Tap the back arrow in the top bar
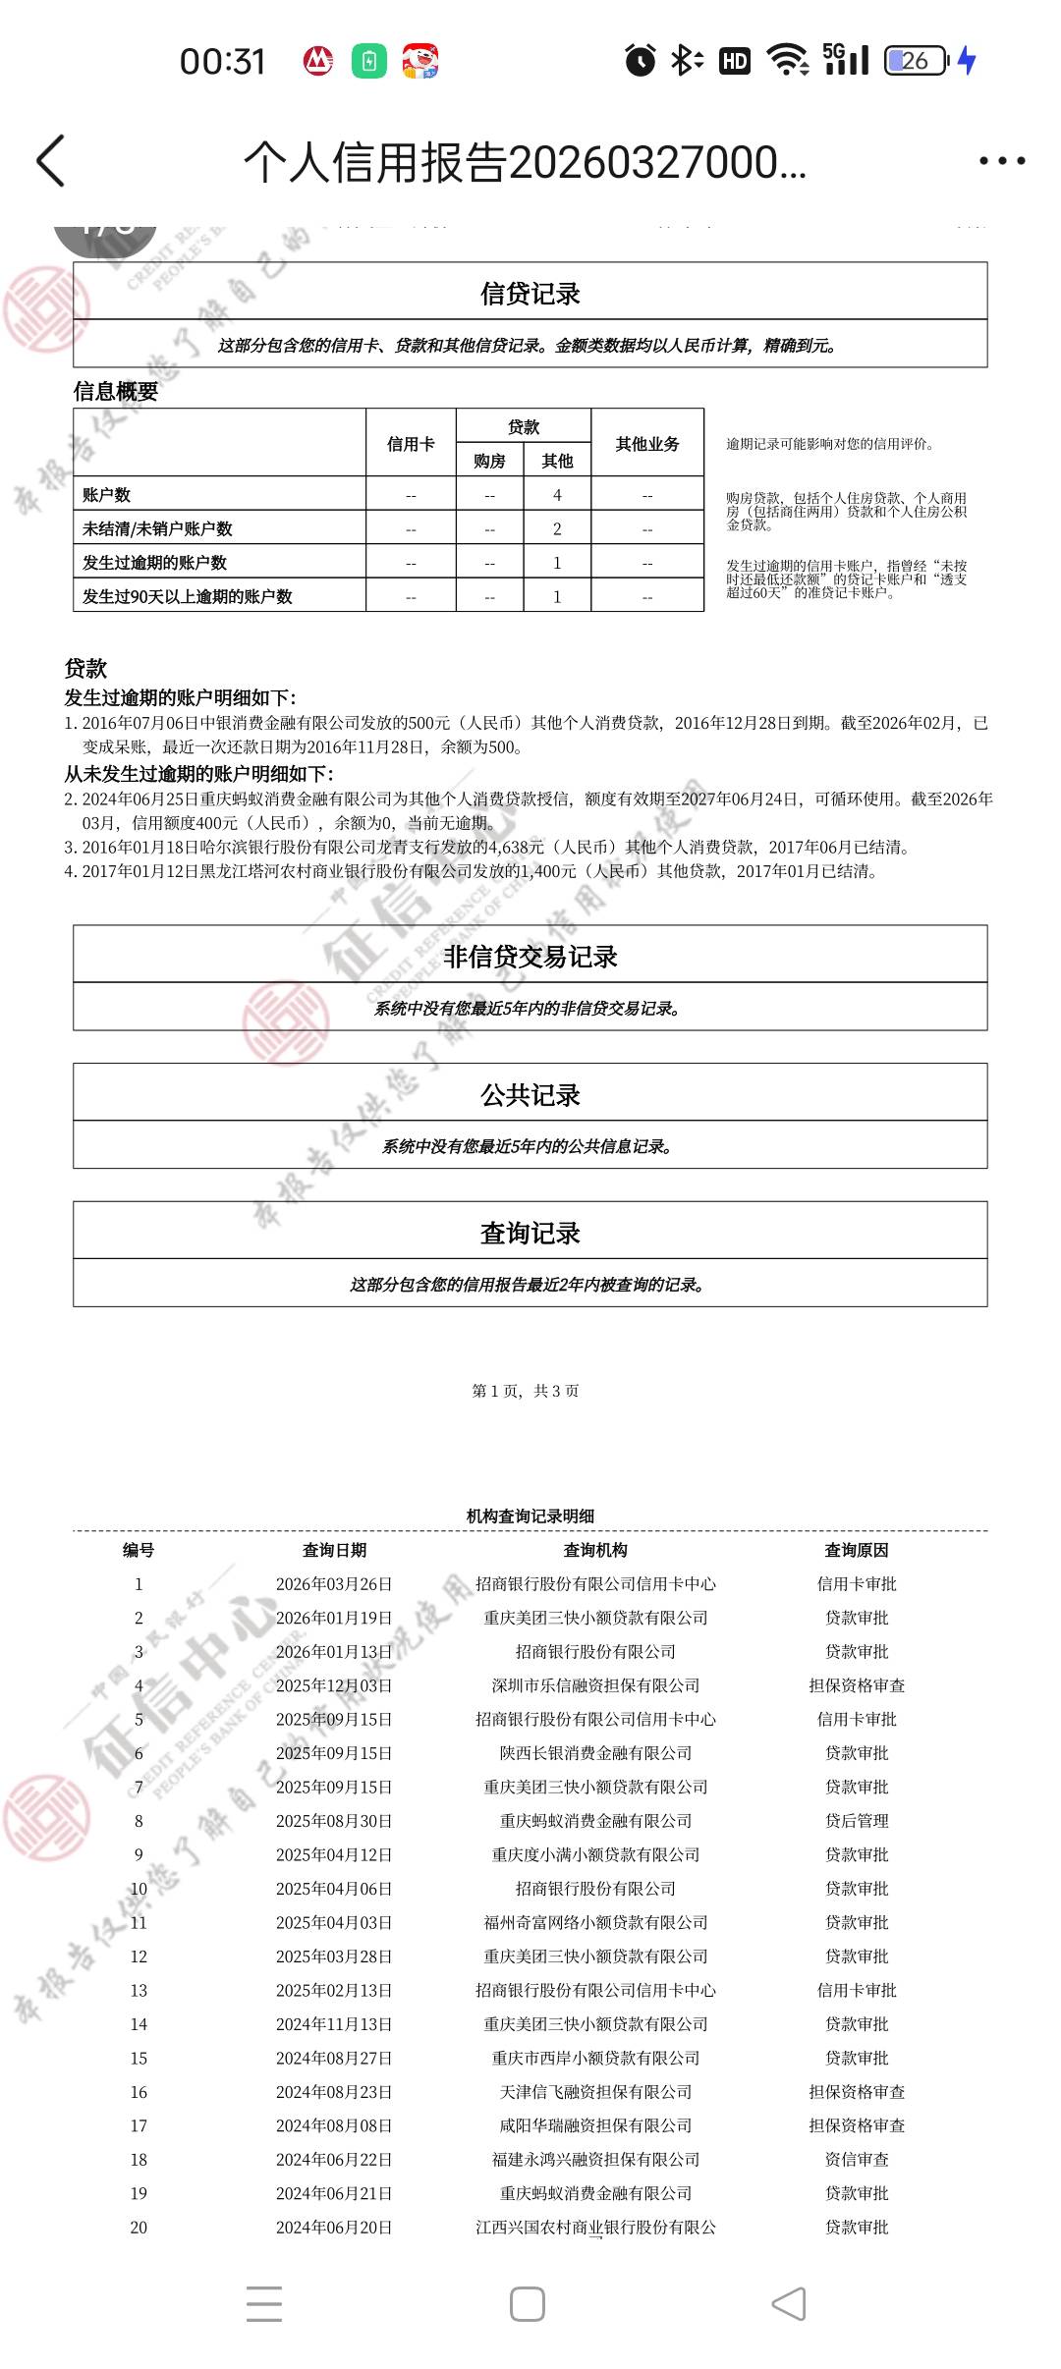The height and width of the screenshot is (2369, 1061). [51, 161]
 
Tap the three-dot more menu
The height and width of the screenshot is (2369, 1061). [1002, 161]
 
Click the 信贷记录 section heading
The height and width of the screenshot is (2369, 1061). [530, 294]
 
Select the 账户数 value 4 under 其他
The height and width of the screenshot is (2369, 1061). [557, 495]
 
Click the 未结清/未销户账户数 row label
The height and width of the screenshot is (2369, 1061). [157, 528]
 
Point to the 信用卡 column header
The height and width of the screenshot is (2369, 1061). [411, 444]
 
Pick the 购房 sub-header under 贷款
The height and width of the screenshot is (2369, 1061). [489, 461]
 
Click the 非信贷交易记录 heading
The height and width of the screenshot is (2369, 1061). [530, 957]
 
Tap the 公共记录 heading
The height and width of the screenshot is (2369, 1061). [530, 1095]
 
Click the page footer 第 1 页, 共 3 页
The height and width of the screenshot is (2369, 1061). [526, 1391]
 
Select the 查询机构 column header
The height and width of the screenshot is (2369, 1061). [595, 1550]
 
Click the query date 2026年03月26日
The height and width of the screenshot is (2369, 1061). [334, 1584]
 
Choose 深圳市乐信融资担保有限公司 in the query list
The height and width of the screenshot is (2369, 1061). [595, 1685]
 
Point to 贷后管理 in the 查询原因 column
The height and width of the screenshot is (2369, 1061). [857, 1821]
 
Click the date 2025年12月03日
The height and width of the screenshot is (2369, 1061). [334, 1685]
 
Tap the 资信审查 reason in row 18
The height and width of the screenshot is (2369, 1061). [857, 2160]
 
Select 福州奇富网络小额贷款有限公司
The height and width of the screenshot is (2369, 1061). [595, 1922]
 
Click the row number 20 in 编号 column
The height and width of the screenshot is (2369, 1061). [139, 2228]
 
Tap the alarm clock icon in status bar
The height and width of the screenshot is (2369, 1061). [641, 61]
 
